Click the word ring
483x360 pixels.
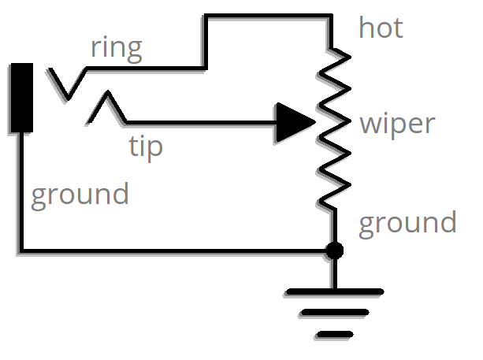tap(117, 48)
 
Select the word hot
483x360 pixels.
tap(381, 28)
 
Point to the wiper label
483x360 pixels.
tap(396, 124)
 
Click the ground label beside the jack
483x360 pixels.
tap(80, 194)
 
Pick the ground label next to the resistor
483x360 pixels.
tap(407, 223)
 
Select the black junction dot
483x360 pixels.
tap(334, 251)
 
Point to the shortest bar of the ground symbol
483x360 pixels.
tap(335, 335)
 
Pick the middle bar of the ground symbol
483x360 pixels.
tap(335, 314)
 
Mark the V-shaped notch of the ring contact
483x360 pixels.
tap(67, 93)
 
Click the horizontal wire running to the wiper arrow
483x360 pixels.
tap(197, 123)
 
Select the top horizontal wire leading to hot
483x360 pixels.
tap(268, 16)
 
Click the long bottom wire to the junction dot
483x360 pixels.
tap(173, 251)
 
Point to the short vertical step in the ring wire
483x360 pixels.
tap(205, 41)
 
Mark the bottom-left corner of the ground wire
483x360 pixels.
tap(20, 251)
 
